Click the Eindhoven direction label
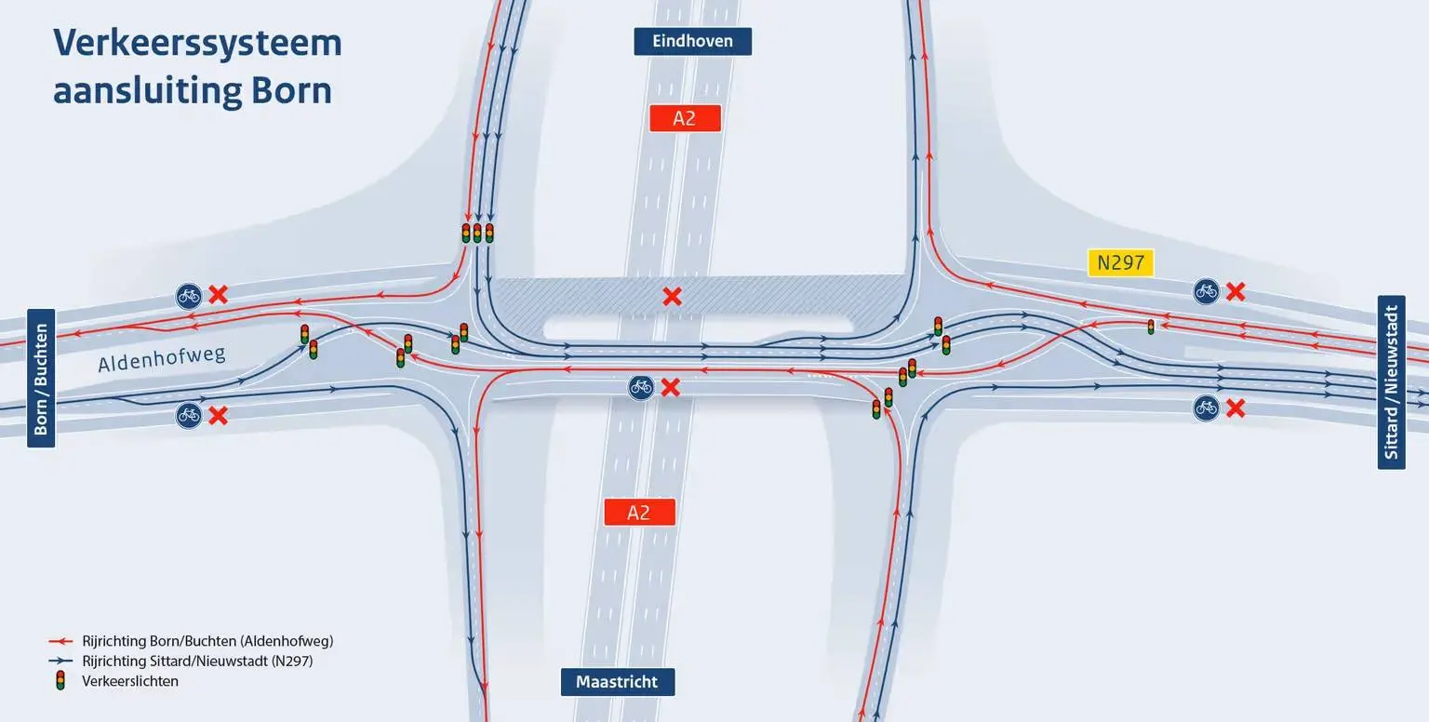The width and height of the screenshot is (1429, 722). (692, 42)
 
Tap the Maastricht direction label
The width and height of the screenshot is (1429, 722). (618, 682)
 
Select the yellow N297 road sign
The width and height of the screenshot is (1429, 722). (1120, 262)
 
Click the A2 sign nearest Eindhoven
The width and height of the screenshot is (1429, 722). (685, 119)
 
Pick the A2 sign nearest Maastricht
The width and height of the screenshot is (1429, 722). (639, 512)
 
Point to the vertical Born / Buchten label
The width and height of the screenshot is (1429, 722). (41, 379)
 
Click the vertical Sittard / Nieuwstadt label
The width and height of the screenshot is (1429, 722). (1392, 382)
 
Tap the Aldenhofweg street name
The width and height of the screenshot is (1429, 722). (161, 358)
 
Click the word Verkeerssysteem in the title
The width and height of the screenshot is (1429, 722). (197, 44)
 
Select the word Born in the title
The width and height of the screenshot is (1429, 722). (291, 90)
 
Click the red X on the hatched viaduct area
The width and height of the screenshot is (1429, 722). (672, 297)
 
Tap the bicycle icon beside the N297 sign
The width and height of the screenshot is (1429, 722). (1206, 291)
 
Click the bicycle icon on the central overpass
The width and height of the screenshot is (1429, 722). (640, 387)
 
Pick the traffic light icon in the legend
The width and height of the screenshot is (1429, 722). (60, 680)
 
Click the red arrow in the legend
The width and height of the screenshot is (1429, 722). (60, 641)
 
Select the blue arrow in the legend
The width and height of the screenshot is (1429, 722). (60, 661)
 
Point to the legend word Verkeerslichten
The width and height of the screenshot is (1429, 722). (130, 681)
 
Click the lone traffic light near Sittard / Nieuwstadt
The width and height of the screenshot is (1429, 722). (1151, 327)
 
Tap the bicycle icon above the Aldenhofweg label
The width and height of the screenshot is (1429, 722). (189, 297)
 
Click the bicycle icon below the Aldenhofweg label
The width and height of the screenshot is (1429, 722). (189, 416)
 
